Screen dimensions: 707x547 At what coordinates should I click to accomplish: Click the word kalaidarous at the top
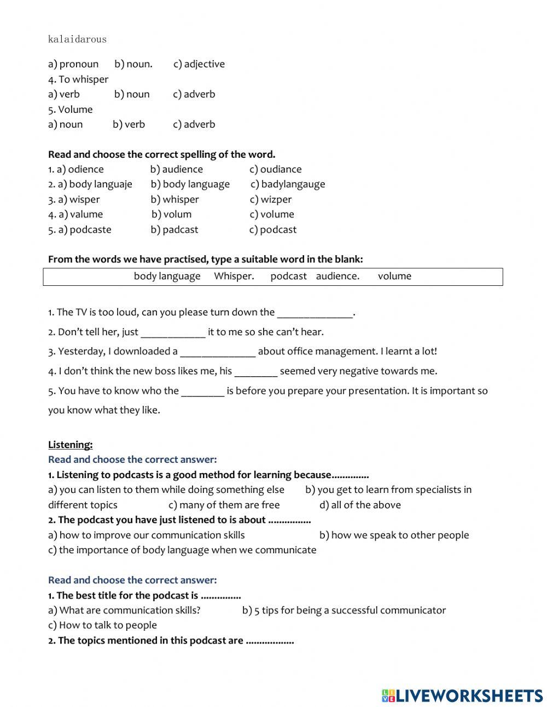[x=77, y=39]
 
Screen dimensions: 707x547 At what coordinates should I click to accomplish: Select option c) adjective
[x=199, y=64]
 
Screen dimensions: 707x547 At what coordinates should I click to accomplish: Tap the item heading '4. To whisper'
[x=78, y=79]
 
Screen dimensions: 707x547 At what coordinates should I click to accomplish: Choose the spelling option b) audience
[x=177, y=169]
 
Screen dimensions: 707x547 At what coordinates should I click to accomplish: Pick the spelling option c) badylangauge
[x=288, y=184]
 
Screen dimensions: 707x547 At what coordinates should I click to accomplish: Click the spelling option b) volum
[x=172, y=214]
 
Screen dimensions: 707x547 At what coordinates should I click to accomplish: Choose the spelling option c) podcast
[x=273, y=229]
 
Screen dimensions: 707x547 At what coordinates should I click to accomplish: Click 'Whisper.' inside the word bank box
[x=234, y=276]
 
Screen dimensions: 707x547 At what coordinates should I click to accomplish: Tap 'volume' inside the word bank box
[x=394, y=276]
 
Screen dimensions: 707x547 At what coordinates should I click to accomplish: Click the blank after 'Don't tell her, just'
[x=173, y=333]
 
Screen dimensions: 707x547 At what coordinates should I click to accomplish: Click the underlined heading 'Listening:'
[x=70, y=445]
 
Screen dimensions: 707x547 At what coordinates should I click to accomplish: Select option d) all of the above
[x=360, y=505]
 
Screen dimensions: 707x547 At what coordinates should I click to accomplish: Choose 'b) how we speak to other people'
[x=394, y=535]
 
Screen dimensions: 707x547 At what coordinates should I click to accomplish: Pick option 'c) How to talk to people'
[x=102, y=625]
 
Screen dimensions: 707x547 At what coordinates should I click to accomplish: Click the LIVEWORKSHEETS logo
[x=462, y=695]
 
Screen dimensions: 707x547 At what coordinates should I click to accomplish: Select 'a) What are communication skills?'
[x=124, y=610]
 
